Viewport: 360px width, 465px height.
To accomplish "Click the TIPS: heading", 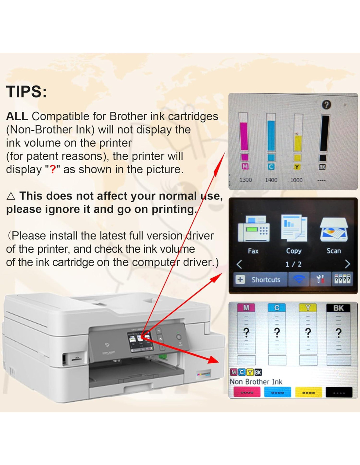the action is coord(26,92).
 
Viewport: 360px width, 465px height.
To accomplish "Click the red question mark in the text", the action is coord(53,169).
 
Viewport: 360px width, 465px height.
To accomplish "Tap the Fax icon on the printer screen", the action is coord(253,229).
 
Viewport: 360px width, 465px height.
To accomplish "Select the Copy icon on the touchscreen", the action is coord(294,228).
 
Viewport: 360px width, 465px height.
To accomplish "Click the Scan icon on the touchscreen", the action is coord(334,230).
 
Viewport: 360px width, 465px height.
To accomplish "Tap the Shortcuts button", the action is coord(260,280).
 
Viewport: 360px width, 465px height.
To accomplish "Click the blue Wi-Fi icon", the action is coord(299,280).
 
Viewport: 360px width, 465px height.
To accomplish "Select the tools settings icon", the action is coord(320,279).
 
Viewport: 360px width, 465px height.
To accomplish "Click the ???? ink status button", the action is coord(342,279).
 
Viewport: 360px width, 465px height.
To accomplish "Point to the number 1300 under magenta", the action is coord(245,180).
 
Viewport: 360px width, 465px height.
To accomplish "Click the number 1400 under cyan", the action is coord(271,180).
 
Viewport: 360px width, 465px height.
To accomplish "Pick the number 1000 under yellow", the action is coord(297,180).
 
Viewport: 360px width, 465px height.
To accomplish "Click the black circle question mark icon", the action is coord(326,105).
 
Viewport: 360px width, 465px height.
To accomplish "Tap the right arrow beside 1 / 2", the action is coord(347,265).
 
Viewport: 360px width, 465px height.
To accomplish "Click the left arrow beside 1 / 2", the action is coord(240,265).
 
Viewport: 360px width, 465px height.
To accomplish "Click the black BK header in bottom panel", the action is coord(338,308).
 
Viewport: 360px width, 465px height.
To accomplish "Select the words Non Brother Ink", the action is coord(256,382).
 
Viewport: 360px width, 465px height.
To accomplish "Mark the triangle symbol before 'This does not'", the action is coord(10,196).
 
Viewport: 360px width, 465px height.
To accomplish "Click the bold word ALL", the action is coord(17,116).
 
